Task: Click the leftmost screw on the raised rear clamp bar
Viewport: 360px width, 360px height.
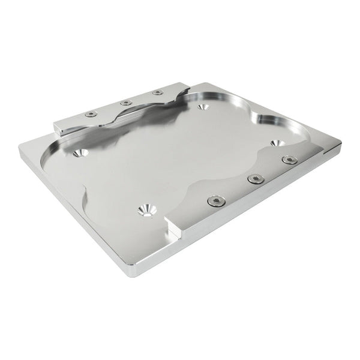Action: [x=91, y=114]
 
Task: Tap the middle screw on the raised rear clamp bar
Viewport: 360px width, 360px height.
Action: [x=126, y=103]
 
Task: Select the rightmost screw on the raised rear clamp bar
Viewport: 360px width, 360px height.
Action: [x=157, y=92]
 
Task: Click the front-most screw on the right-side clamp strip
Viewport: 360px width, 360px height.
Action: [x=216, y=201]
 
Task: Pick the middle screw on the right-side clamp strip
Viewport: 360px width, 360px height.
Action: [x=256, y=179]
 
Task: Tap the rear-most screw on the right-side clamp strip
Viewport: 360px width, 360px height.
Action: [x=290, y=160]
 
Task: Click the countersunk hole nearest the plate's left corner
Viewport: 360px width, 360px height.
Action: [x=79, y=153]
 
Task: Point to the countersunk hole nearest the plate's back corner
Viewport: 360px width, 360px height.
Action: [x=203, y=107]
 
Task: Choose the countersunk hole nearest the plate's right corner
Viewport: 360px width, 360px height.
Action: [x=277, y=143]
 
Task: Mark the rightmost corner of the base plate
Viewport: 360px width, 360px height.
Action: [x=340, y=145]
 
